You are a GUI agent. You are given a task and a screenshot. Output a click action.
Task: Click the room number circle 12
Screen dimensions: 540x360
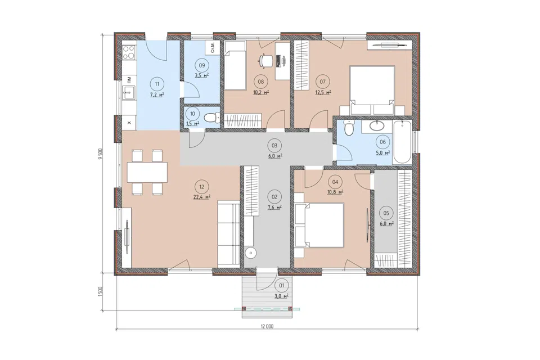[202, 187]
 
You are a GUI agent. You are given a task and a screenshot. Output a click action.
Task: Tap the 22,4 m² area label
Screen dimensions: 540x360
[202, 197]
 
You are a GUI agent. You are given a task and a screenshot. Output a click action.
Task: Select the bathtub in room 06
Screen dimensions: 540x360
[402, 142]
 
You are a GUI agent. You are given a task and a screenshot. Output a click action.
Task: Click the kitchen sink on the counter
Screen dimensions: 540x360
[129, 92]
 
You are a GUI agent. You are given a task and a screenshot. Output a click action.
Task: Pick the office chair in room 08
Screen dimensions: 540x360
[264, 60]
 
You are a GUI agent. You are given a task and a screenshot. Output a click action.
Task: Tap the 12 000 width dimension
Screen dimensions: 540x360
[267, 326]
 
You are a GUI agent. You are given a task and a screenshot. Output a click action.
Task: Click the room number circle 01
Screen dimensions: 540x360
[282, 285]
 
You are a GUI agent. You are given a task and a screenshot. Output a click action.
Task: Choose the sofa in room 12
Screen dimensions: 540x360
[228, 235]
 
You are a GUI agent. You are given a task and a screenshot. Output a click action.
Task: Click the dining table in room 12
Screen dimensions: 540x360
[147, 172]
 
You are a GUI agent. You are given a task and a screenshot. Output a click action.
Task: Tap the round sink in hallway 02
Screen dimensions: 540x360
[251, 254]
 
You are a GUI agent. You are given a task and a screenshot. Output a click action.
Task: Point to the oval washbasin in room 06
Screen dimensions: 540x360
[377, 126]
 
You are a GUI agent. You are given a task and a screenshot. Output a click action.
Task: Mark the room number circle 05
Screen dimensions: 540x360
[386, 213]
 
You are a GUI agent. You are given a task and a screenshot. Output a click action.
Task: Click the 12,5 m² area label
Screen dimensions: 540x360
[323, 92]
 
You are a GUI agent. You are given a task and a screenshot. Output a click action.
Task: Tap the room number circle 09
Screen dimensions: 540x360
[202, 65]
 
